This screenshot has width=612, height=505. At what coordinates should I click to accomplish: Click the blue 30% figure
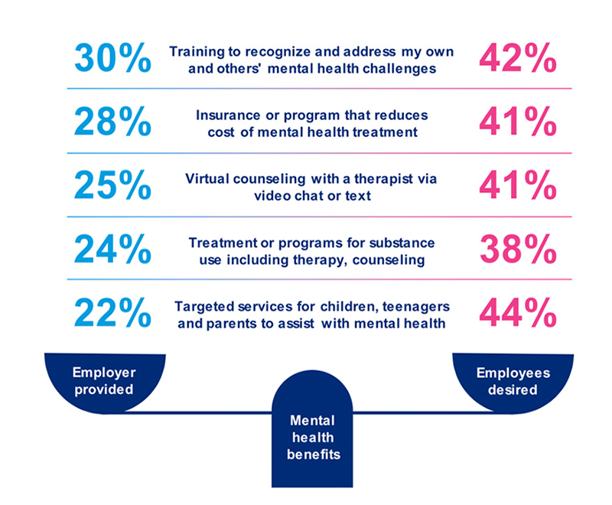pos(113,59)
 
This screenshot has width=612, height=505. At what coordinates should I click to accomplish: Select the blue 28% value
pos(113,122)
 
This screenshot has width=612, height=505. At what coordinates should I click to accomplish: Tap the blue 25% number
pos(113,186)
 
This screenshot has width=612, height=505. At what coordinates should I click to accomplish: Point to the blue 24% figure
pos(113,249)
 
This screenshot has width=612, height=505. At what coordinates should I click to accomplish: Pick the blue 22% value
pos(113,312)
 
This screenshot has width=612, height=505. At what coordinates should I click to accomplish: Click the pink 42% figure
pos(516,59)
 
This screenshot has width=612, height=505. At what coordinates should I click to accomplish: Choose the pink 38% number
pos(516,249)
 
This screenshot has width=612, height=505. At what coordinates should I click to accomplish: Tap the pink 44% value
pos(516,312)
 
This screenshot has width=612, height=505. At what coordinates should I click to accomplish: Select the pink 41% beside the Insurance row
pos(516,122)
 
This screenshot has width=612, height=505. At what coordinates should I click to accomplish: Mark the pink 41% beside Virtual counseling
pos(516,186)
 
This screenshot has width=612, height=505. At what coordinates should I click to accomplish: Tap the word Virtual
pos(207,179)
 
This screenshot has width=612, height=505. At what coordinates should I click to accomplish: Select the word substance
pos(403,243)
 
